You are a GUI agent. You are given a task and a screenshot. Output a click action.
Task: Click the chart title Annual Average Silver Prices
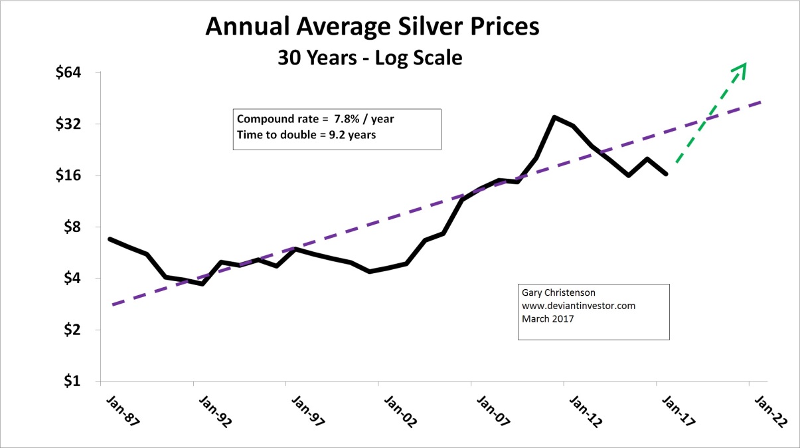[372, 27]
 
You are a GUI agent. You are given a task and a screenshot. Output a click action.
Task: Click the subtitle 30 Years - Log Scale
[369, 58]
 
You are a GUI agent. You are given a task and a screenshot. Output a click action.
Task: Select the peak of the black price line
[554, 117]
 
